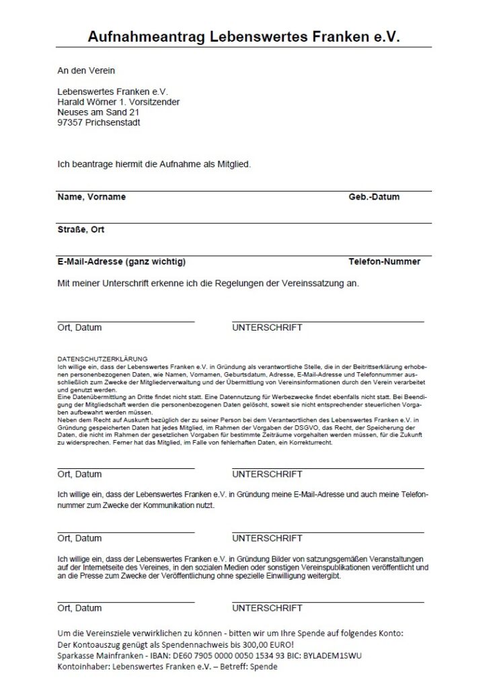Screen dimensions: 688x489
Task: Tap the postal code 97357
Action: [x=71, y=123]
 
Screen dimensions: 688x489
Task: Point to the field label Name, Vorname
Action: [x=91, y=197]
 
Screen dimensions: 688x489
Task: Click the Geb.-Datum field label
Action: [x=373, y=197]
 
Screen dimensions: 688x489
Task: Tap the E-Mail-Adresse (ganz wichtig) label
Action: [x=122, y=261]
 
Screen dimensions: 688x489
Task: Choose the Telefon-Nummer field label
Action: [x=384, y=261]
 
